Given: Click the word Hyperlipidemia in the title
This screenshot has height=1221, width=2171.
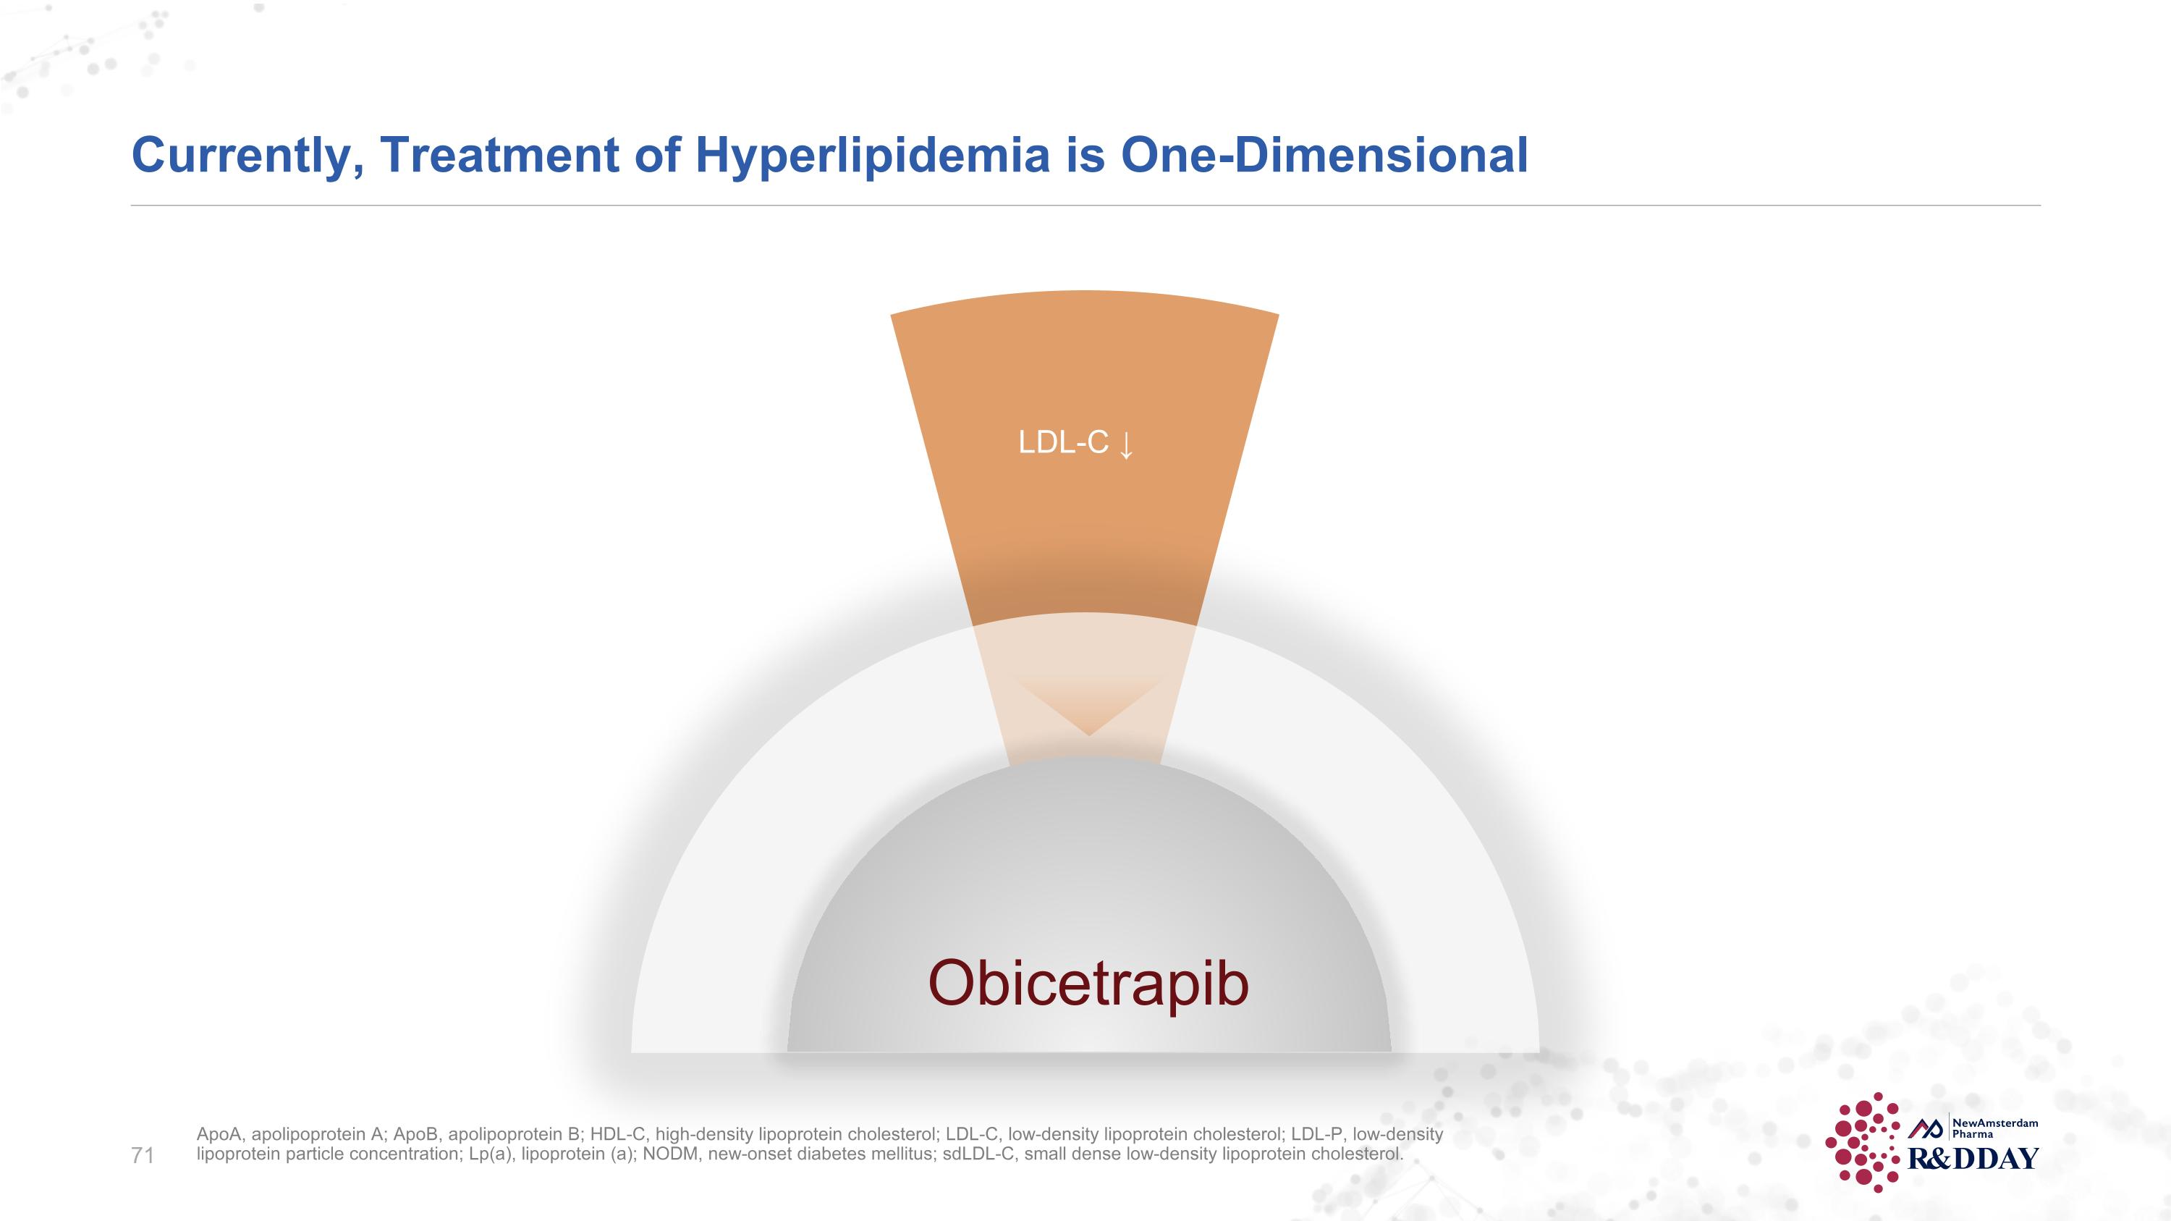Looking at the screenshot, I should click(x=872, y=156).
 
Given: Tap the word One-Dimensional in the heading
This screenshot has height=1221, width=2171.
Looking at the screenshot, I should click(x=1323, y=156).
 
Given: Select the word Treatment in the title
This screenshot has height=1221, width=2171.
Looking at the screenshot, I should click(x=500, y=156).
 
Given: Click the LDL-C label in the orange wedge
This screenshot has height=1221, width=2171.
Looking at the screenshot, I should click(x=1063, y=442).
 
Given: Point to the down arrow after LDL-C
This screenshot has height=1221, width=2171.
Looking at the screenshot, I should click(x=1126, y=445).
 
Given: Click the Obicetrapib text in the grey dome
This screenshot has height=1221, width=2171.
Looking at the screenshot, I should click(x=1087, y=984).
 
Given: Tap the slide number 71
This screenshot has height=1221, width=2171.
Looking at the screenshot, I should click(x=143, y=1155).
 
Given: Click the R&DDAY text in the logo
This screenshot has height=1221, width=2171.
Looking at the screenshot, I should click(x=1972, y=1159).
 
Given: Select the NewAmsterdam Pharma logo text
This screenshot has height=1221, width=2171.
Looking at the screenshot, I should click(x=1995, y=1128).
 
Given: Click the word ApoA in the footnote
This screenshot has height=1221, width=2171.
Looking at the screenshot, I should click(x=220, y=1134).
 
